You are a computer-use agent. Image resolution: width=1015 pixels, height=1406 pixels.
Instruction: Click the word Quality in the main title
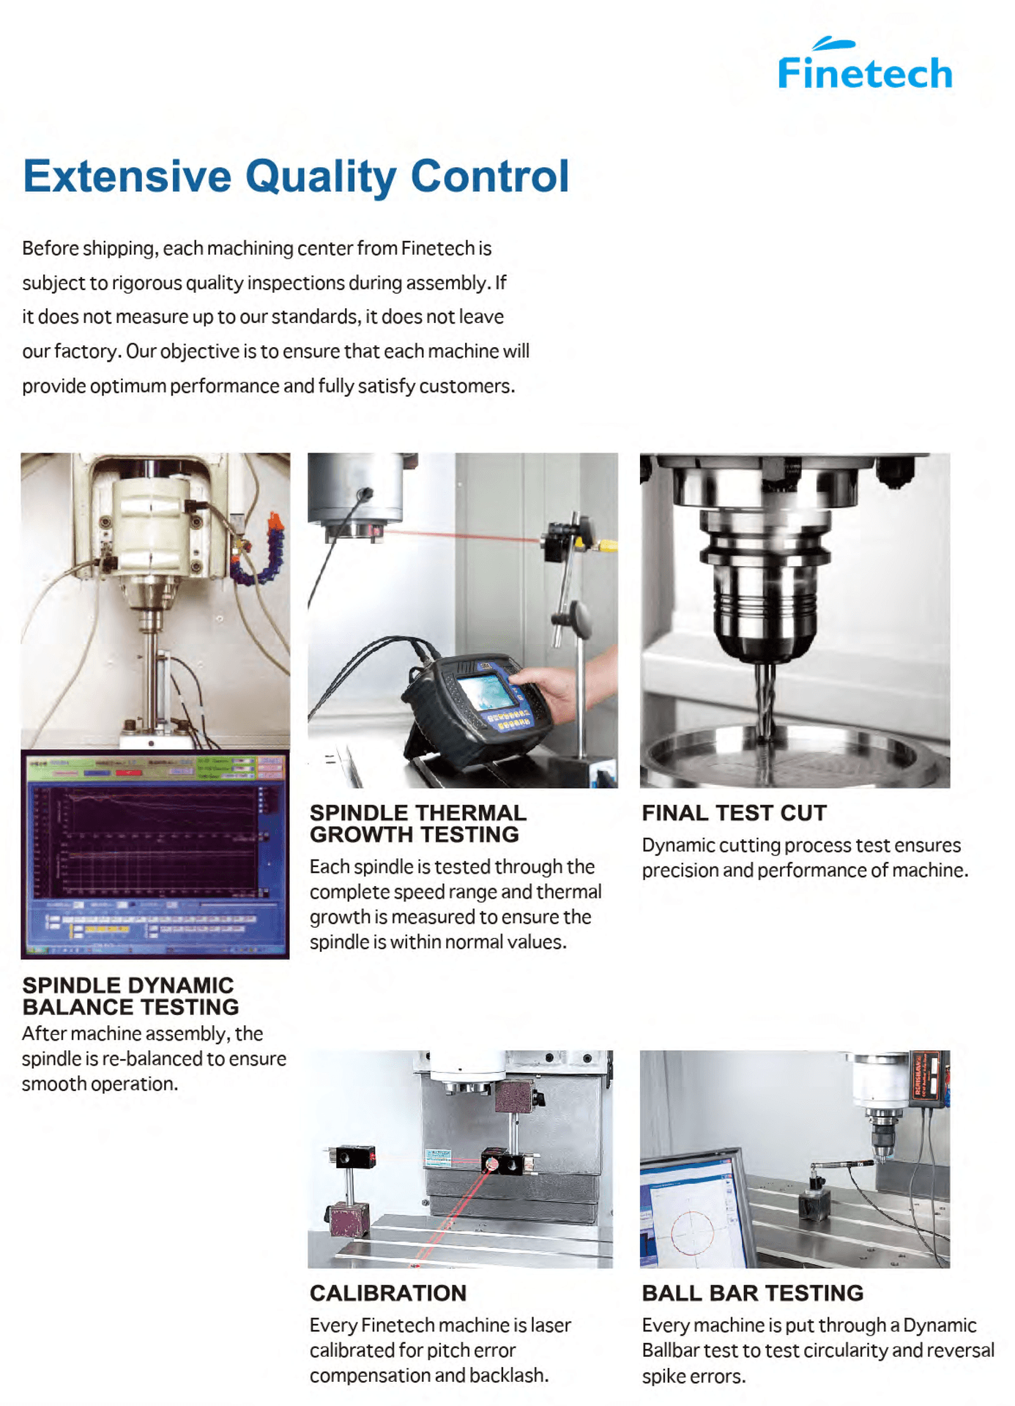pyautogui.click(x=320, y=176)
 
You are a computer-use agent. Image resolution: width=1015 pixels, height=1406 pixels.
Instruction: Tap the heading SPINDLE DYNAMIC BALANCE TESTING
pyautogui.click(x=130, y=996)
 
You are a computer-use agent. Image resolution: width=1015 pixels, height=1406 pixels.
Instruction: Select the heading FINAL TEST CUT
pyautogui.click(x=734, y=813)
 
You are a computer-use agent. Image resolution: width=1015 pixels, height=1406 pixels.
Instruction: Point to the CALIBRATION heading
pyautogui.click(x=387, y=1293)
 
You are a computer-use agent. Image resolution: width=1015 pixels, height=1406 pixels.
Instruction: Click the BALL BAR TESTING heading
pyautogui.click(x=752, y=1293)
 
